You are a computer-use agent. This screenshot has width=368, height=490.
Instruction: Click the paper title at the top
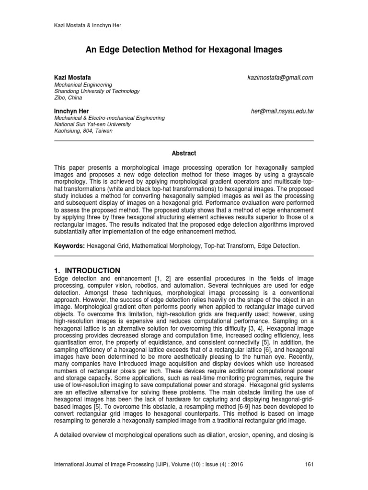(x=184, y=50)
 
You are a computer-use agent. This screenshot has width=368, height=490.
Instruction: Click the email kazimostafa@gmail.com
(x=280, y=78)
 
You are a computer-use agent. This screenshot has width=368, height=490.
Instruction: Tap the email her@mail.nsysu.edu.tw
(x=278, y=111)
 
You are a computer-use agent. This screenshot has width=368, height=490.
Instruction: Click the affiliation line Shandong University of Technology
(x=97, y=91)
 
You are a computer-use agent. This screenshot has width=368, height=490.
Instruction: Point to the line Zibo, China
(x=68, y=98)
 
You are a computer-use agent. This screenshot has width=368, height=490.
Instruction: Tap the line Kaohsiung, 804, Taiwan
(x=83, y=131)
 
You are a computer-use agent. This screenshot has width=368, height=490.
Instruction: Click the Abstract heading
(x=184, y=153)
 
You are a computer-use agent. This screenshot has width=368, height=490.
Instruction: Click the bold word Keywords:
(x=69, y=245)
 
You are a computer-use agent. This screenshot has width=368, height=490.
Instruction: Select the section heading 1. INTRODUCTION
(x=87, y=270)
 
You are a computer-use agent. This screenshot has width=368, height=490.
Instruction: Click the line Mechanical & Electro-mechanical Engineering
(x=109, y=118)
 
